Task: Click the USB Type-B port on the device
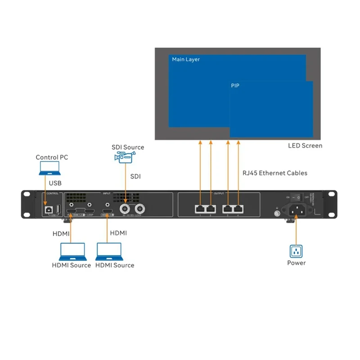(48, 209)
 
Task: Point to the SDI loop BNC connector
(140, 208)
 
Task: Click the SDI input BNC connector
(125, 208)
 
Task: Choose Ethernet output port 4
(238, 208)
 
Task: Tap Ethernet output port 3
(228, 208)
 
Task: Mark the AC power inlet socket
(296, 209)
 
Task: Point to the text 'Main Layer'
(186, 59)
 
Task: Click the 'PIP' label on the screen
(235, 85)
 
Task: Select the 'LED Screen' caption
(305, 146)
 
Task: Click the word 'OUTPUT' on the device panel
(219, 193)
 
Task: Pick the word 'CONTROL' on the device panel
(53, 193)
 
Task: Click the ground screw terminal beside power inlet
(276, 214)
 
